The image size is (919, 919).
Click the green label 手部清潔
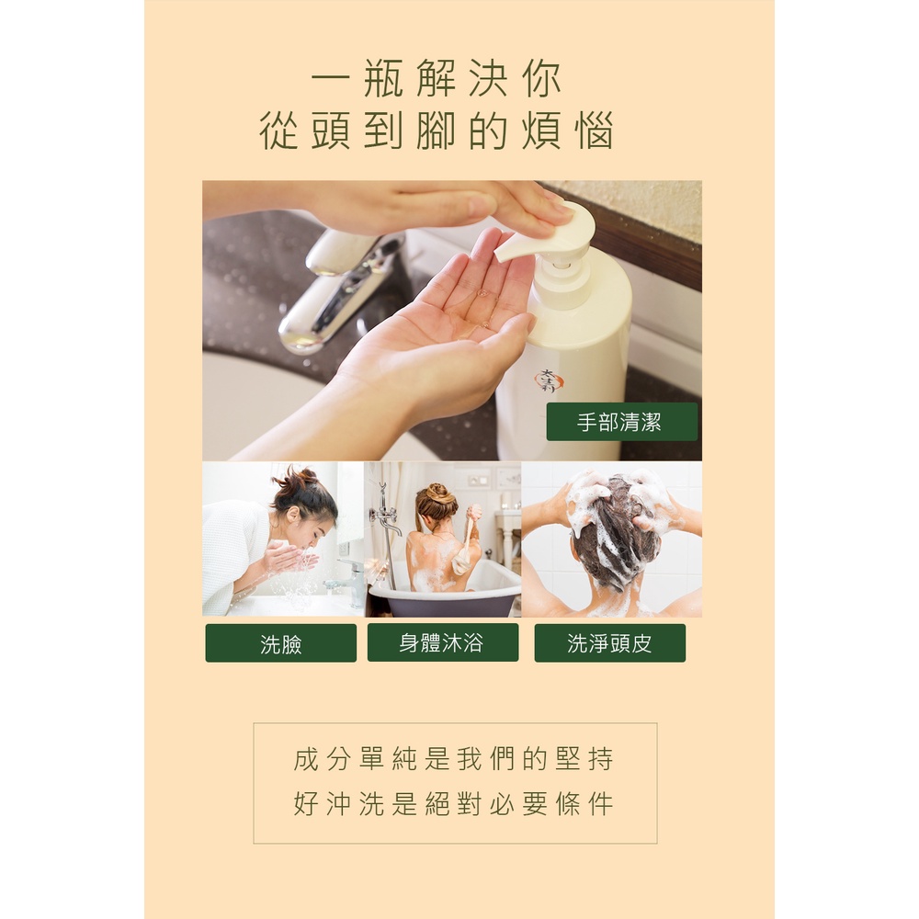coord(622,422)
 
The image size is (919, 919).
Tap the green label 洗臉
coord(280,643)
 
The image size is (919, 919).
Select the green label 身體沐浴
coord(443,642)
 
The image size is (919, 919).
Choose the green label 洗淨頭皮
coord(609,643)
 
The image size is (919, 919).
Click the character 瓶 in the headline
coord(383,78)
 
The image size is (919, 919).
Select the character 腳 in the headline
coord(436,130)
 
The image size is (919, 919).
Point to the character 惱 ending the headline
coord(594,130)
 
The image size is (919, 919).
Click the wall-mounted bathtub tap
coord(384,516)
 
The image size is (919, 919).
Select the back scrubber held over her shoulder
coord(467,542)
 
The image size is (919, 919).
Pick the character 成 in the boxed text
coord(305,758)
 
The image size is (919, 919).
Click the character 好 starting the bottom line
coord(305,803)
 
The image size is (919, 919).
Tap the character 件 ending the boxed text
coord(600,803)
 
